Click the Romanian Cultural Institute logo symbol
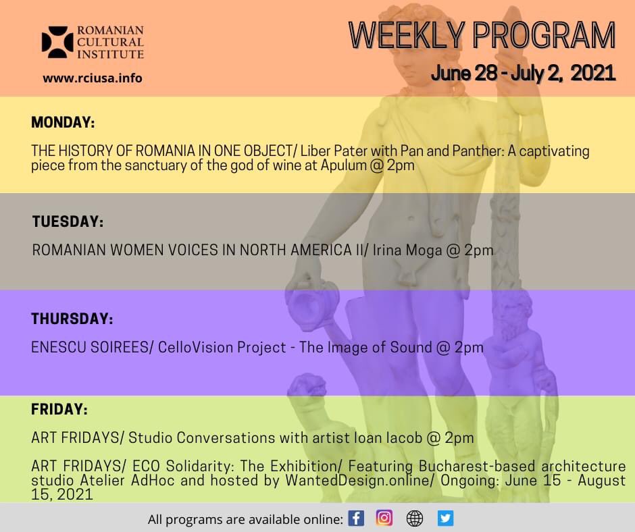pyautogui.click(x=57, y=42)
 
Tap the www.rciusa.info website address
pyautogui.click(x=93, y=78)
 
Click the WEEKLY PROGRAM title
pyautogui.click(x=482, y=36)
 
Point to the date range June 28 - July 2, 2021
pyautogui.click(x=523, y=73)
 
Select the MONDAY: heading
pyautogui.click(x=63, y=123)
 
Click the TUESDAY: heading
pyautogui.click(x=68, y=221)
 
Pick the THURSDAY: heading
pyautogui.click(x=72, y=319)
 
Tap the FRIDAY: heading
pyautogui.click(x=59, y=409)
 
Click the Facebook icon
pyautogui.click(x=356, y=518)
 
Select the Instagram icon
pyautogui.click(x=384, y=518)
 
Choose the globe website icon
pyautogui.click(x=415, y=518)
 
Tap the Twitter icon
pyautogui.click(x=445, y=518)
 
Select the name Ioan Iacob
pyautogui.click(x=387, y=437)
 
